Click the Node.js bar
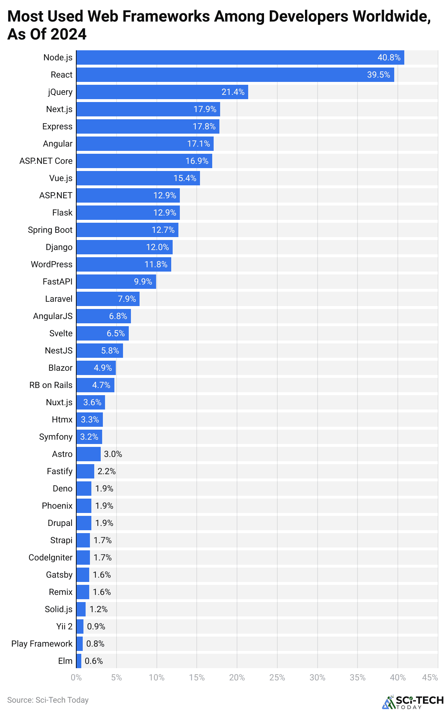click(240, 57)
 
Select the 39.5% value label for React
click(378, 75)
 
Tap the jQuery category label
click(60, 92)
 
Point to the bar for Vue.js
click(138, 178)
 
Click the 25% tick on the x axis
click(277, 678)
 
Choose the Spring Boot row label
click(50, 230)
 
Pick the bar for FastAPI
click(116, 282)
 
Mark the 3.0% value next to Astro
click(113, 454)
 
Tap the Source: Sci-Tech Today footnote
click(48, 700)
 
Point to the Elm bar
click(79, 661)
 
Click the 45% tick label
click(430, 678)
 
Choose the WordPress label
click(51, 264)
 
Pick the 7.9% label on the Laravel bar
click(127, 299)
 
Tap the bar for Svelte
click(102, 333)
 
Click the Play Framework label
click(42, 644)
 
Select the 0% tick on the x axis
click(76, 678)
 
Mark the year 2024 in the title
click(68, 34)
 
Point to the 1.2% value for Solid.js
click(99, 609)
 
